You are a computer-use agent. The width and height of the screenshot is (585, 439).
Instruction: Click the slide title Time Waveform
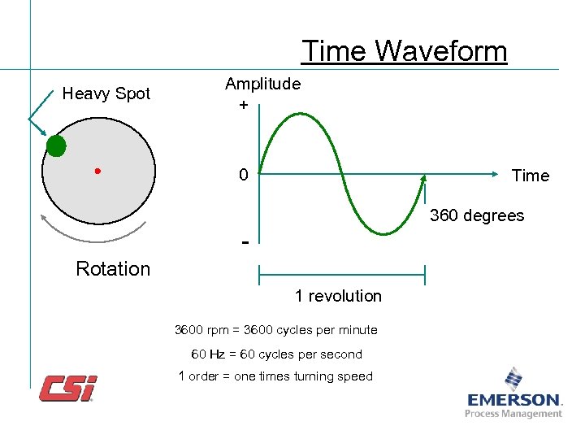tap(404, 51)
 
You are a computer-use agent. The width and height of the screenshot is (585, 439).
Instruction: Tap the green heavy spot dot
tap(55, 146)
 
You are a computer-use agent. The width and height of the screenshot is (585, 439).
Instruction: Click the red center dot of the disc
tap(97, 171)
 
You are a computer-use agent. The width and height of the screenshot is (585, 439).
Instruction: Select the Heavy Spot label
tap(106, 93)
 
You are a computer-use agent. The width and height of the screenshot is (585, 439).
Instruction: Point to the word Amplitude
tap(262, 84)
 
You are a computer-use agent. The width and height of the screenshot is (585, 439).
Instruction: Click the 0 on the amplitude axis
tap(243, 176)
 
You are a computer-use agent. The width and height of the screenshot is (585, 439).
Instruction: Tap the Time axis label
tap(530, 176)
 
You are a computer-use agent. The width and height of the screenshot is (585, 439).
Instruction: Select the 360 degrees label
tap(477, 215)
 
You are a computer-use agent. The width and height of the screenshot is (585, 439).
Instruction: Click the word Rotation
tap(113, 269)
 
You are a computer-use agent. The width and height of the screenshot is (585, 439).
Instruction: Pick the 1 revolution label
tap(338, 296)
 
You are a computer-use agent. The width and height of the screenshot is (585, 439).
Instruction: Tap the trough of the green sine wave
tap(383, 233)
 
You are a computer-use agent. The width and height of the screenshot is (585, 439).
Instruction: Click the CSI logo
tap(68, 388)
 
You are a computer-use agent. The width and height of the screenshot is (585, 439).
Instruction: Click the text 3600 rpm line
tap(276, 330)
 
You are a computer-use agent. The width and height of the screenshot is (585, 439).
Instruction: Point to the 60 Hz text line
tap(276, 354)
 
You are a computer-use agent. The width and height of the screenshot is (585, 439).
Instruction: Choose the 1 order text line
tap(275, 376)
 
